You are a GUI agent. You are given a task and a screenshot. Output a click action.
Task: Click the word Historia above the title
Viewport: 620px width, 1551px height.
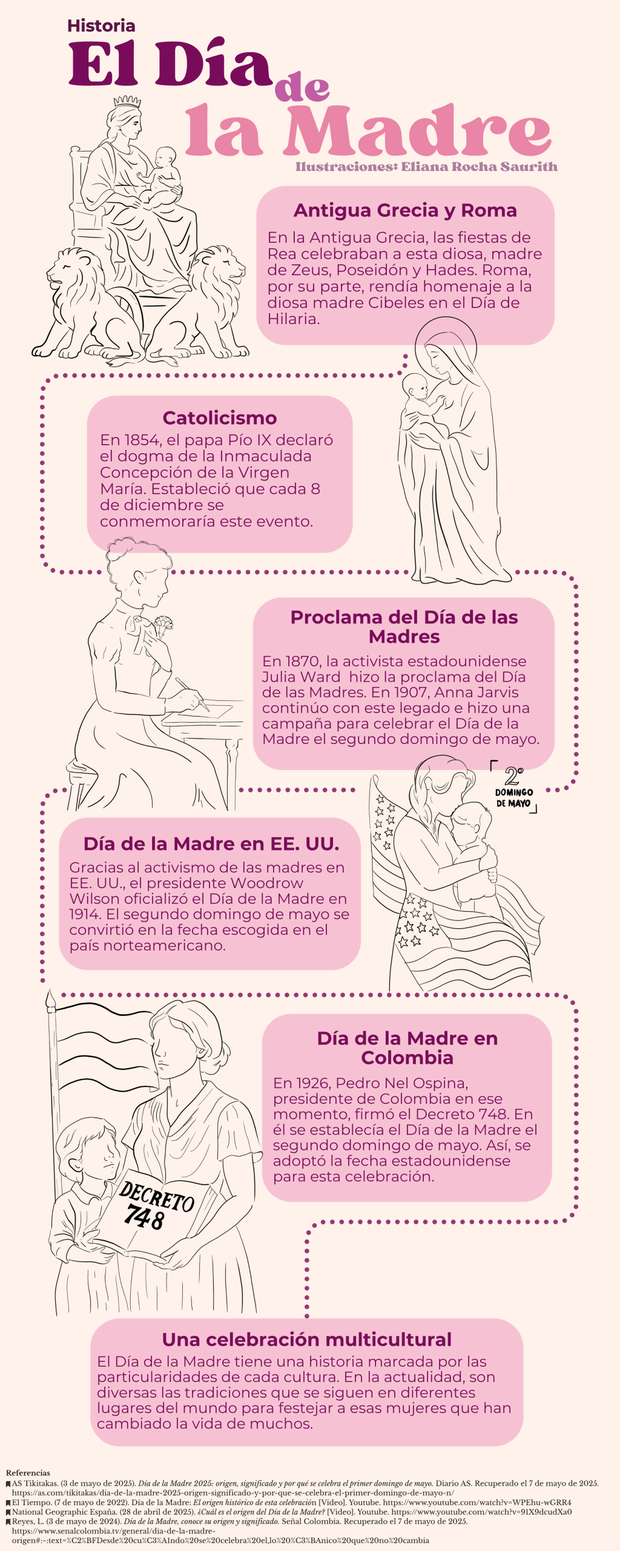101,25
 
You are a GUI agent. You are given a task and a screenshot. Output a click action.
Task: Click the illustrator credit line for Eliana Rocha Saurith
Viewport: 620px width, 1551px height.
426,167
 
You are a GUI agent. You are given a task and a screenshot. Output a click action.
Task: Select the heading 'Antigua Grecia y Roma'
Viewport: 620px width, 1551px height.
405,210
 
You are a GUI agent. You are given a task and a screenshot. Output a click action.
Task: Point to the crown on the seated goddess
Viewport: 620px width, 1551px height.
127,101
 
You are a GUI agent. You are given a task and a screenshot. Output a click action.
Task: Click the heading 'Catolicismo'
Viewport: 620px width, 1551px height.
220,418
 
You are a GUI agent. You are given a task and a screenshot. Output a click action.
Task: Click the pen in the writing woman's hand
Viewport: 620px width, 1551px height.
193,694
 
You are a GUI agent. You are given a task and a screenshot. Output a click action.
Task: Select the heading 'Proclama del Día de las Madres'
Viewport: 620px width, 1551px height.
404,626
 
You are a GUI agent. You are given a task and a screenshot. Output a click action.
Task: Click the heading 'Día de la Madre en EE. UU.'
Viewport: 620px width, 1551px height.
211,844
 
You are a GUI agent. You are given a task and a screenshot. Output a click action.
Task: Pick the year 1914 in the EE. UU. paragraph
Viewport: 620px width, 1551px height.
83,914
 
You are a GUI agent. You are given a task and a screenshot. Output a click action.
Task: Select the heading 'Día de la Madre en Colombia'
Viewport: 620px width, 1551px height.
407,1048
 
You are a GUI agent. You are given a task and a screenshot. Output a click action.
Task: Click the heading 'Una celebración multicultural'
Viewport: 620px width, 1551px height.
307,1339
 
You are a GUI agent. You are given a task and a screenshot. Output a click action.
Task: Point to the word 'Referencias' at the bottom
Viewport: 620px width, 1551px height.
28,1473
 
